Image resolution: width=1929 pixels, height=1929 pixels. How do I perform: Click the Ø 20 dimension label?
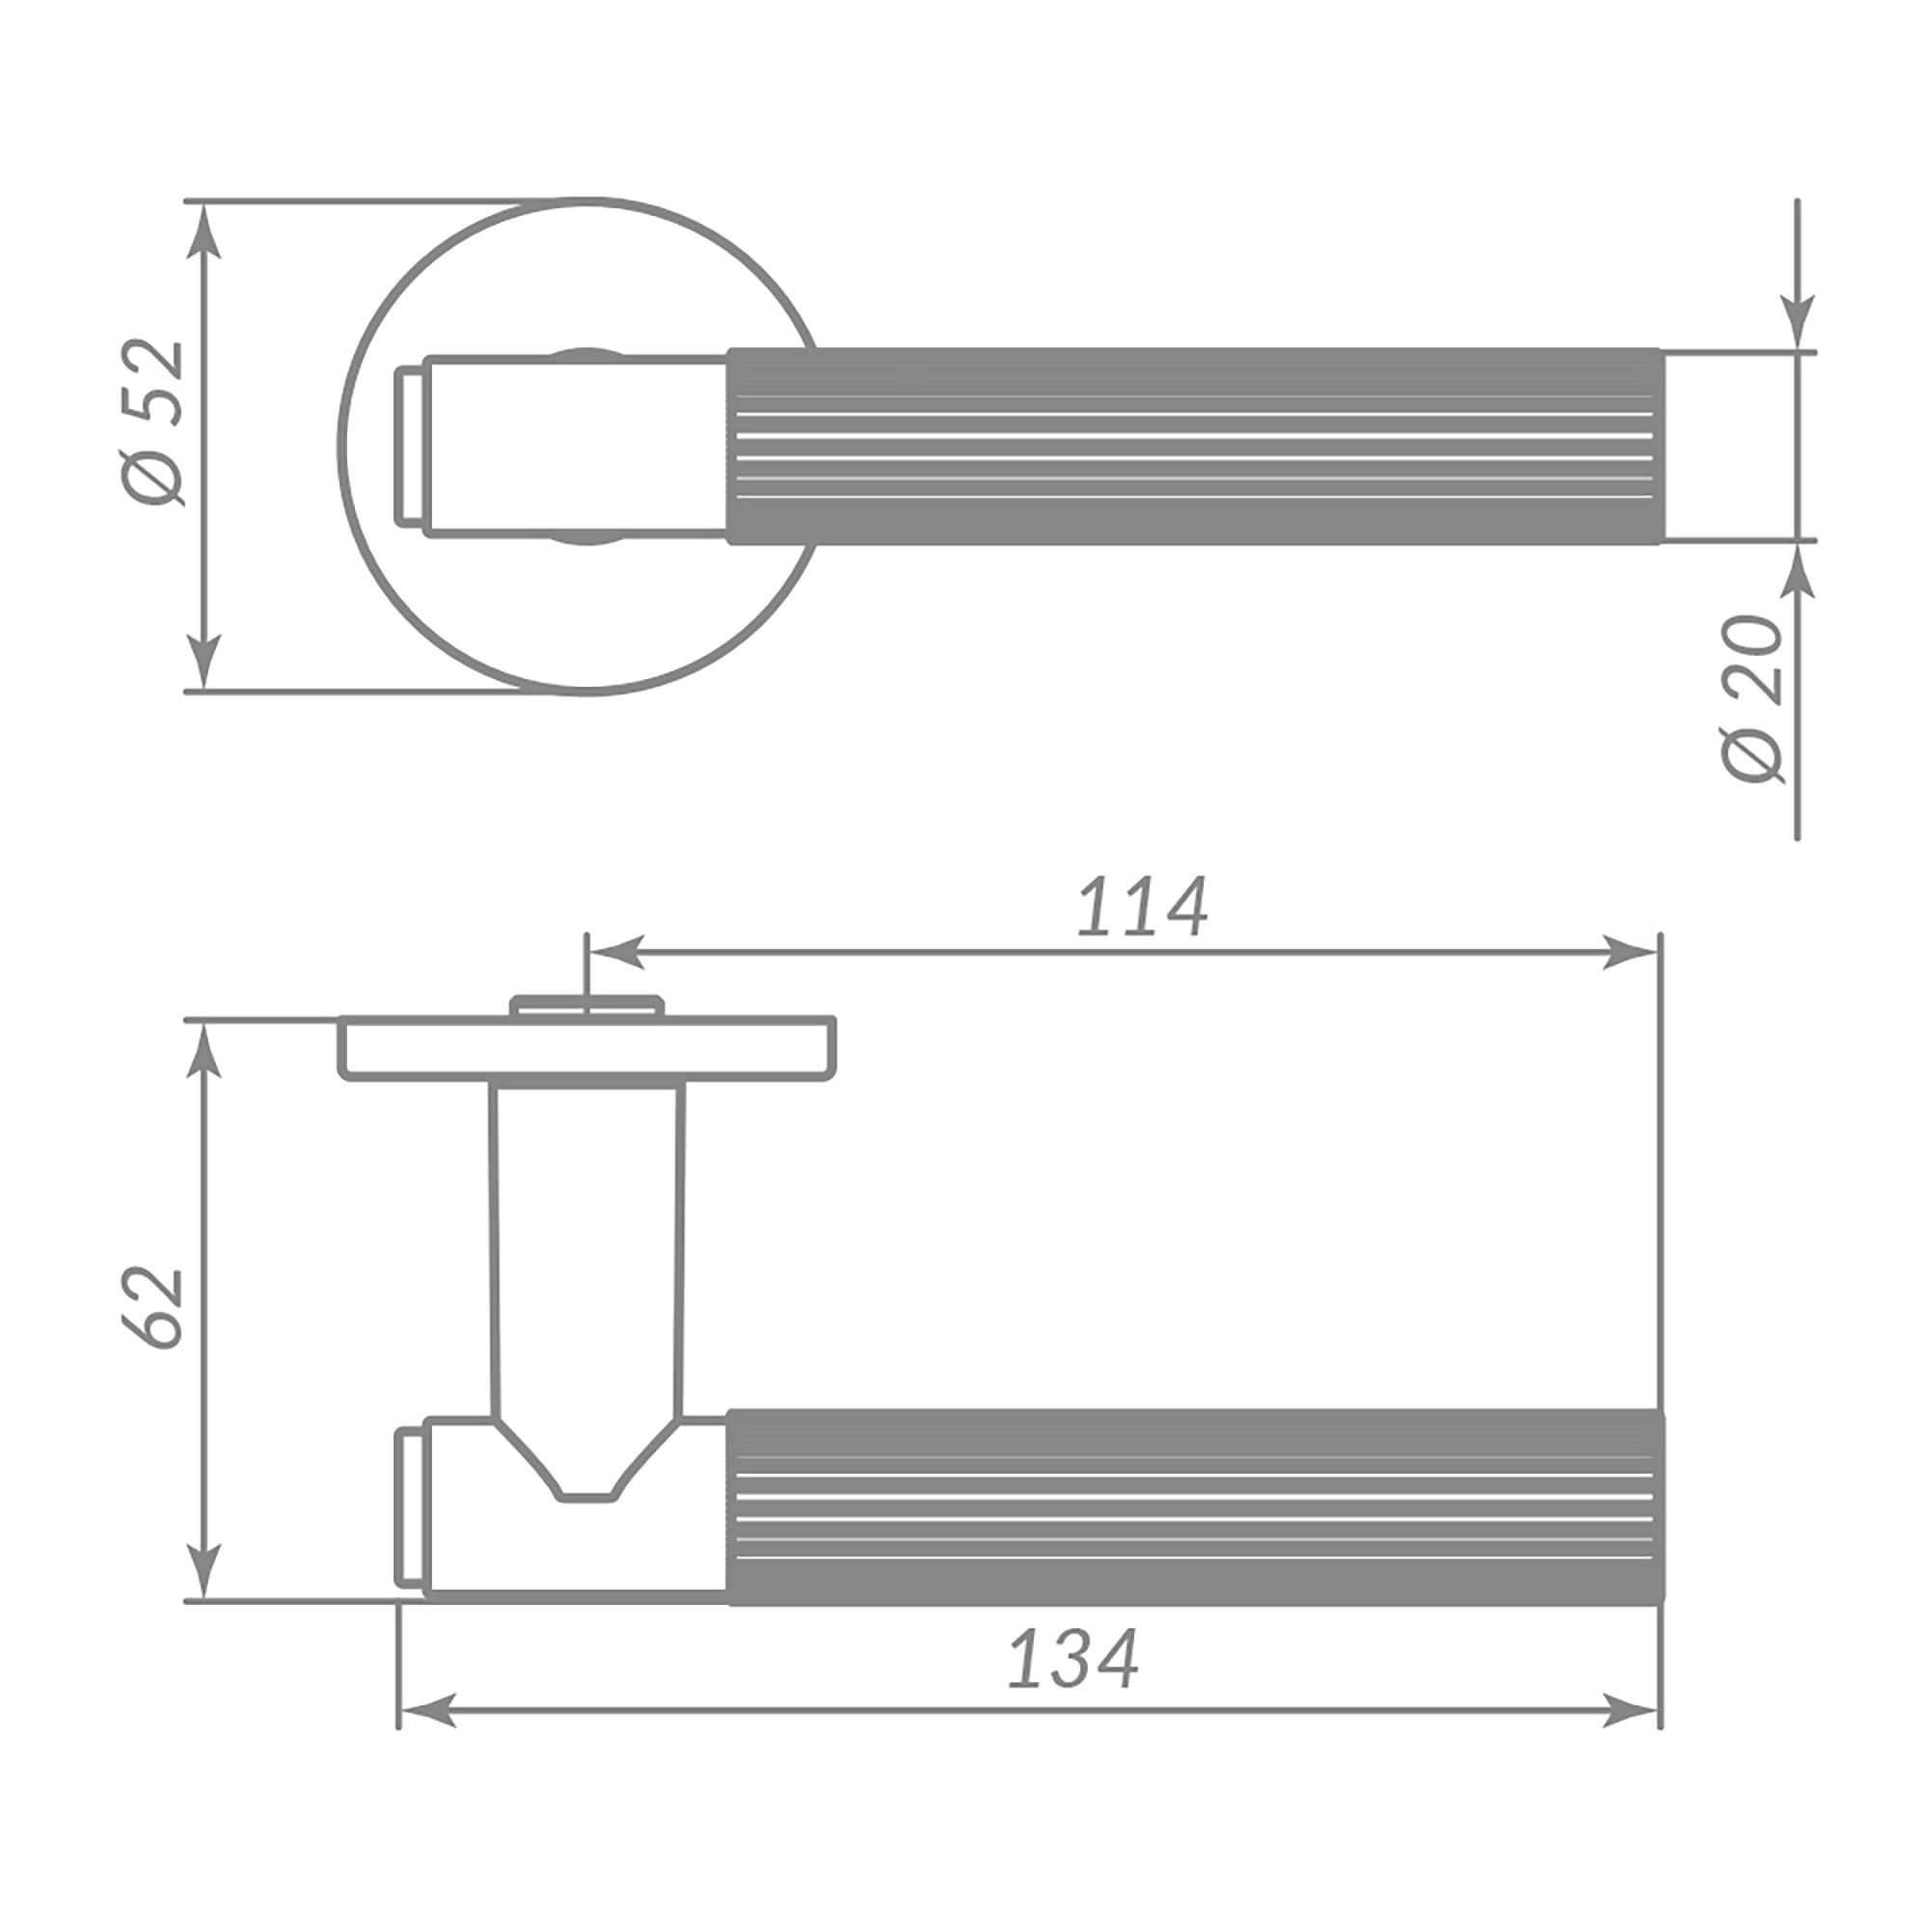[x=1752, y=699]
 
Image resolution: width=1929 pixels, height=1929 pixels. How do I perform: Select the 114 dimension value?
[x=1142, y=907]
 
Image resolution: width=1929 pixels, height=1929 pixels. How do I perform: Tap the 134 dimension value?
[x=1073, y=1659]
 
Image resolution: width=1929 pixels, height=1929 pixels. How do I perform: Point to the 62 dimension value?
[x=152, y=1309]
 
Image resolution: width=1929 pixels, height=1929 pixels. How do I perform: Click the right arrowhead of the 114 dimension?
[x=1629, y=953]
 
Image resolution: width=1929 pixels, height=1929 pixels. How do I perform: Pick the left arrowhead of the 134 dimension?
[x=428, y=1709]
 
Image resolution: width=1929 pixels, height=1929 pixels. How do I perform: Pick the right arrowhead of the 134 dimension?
[x=1629, y=1709]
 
